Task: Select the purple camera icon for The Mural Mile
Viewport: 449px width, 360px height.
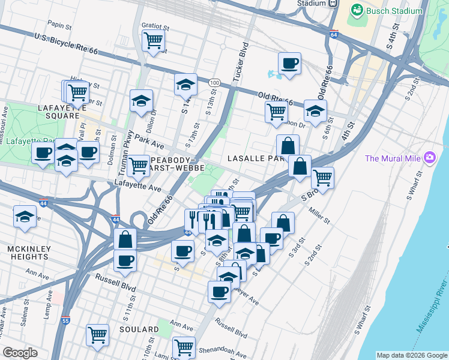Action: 429,158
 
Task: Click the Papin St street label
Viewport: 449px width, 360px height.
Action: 59,26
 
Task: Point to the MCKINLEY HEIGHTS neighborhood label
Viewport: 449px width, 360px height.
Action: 28,252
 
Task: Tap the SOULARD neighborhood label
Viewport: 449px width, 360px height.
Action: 139,329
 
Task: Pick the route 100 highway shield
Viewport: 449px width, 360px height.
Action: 214,82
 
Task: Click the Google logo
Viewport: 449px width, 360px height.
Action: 20,353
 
